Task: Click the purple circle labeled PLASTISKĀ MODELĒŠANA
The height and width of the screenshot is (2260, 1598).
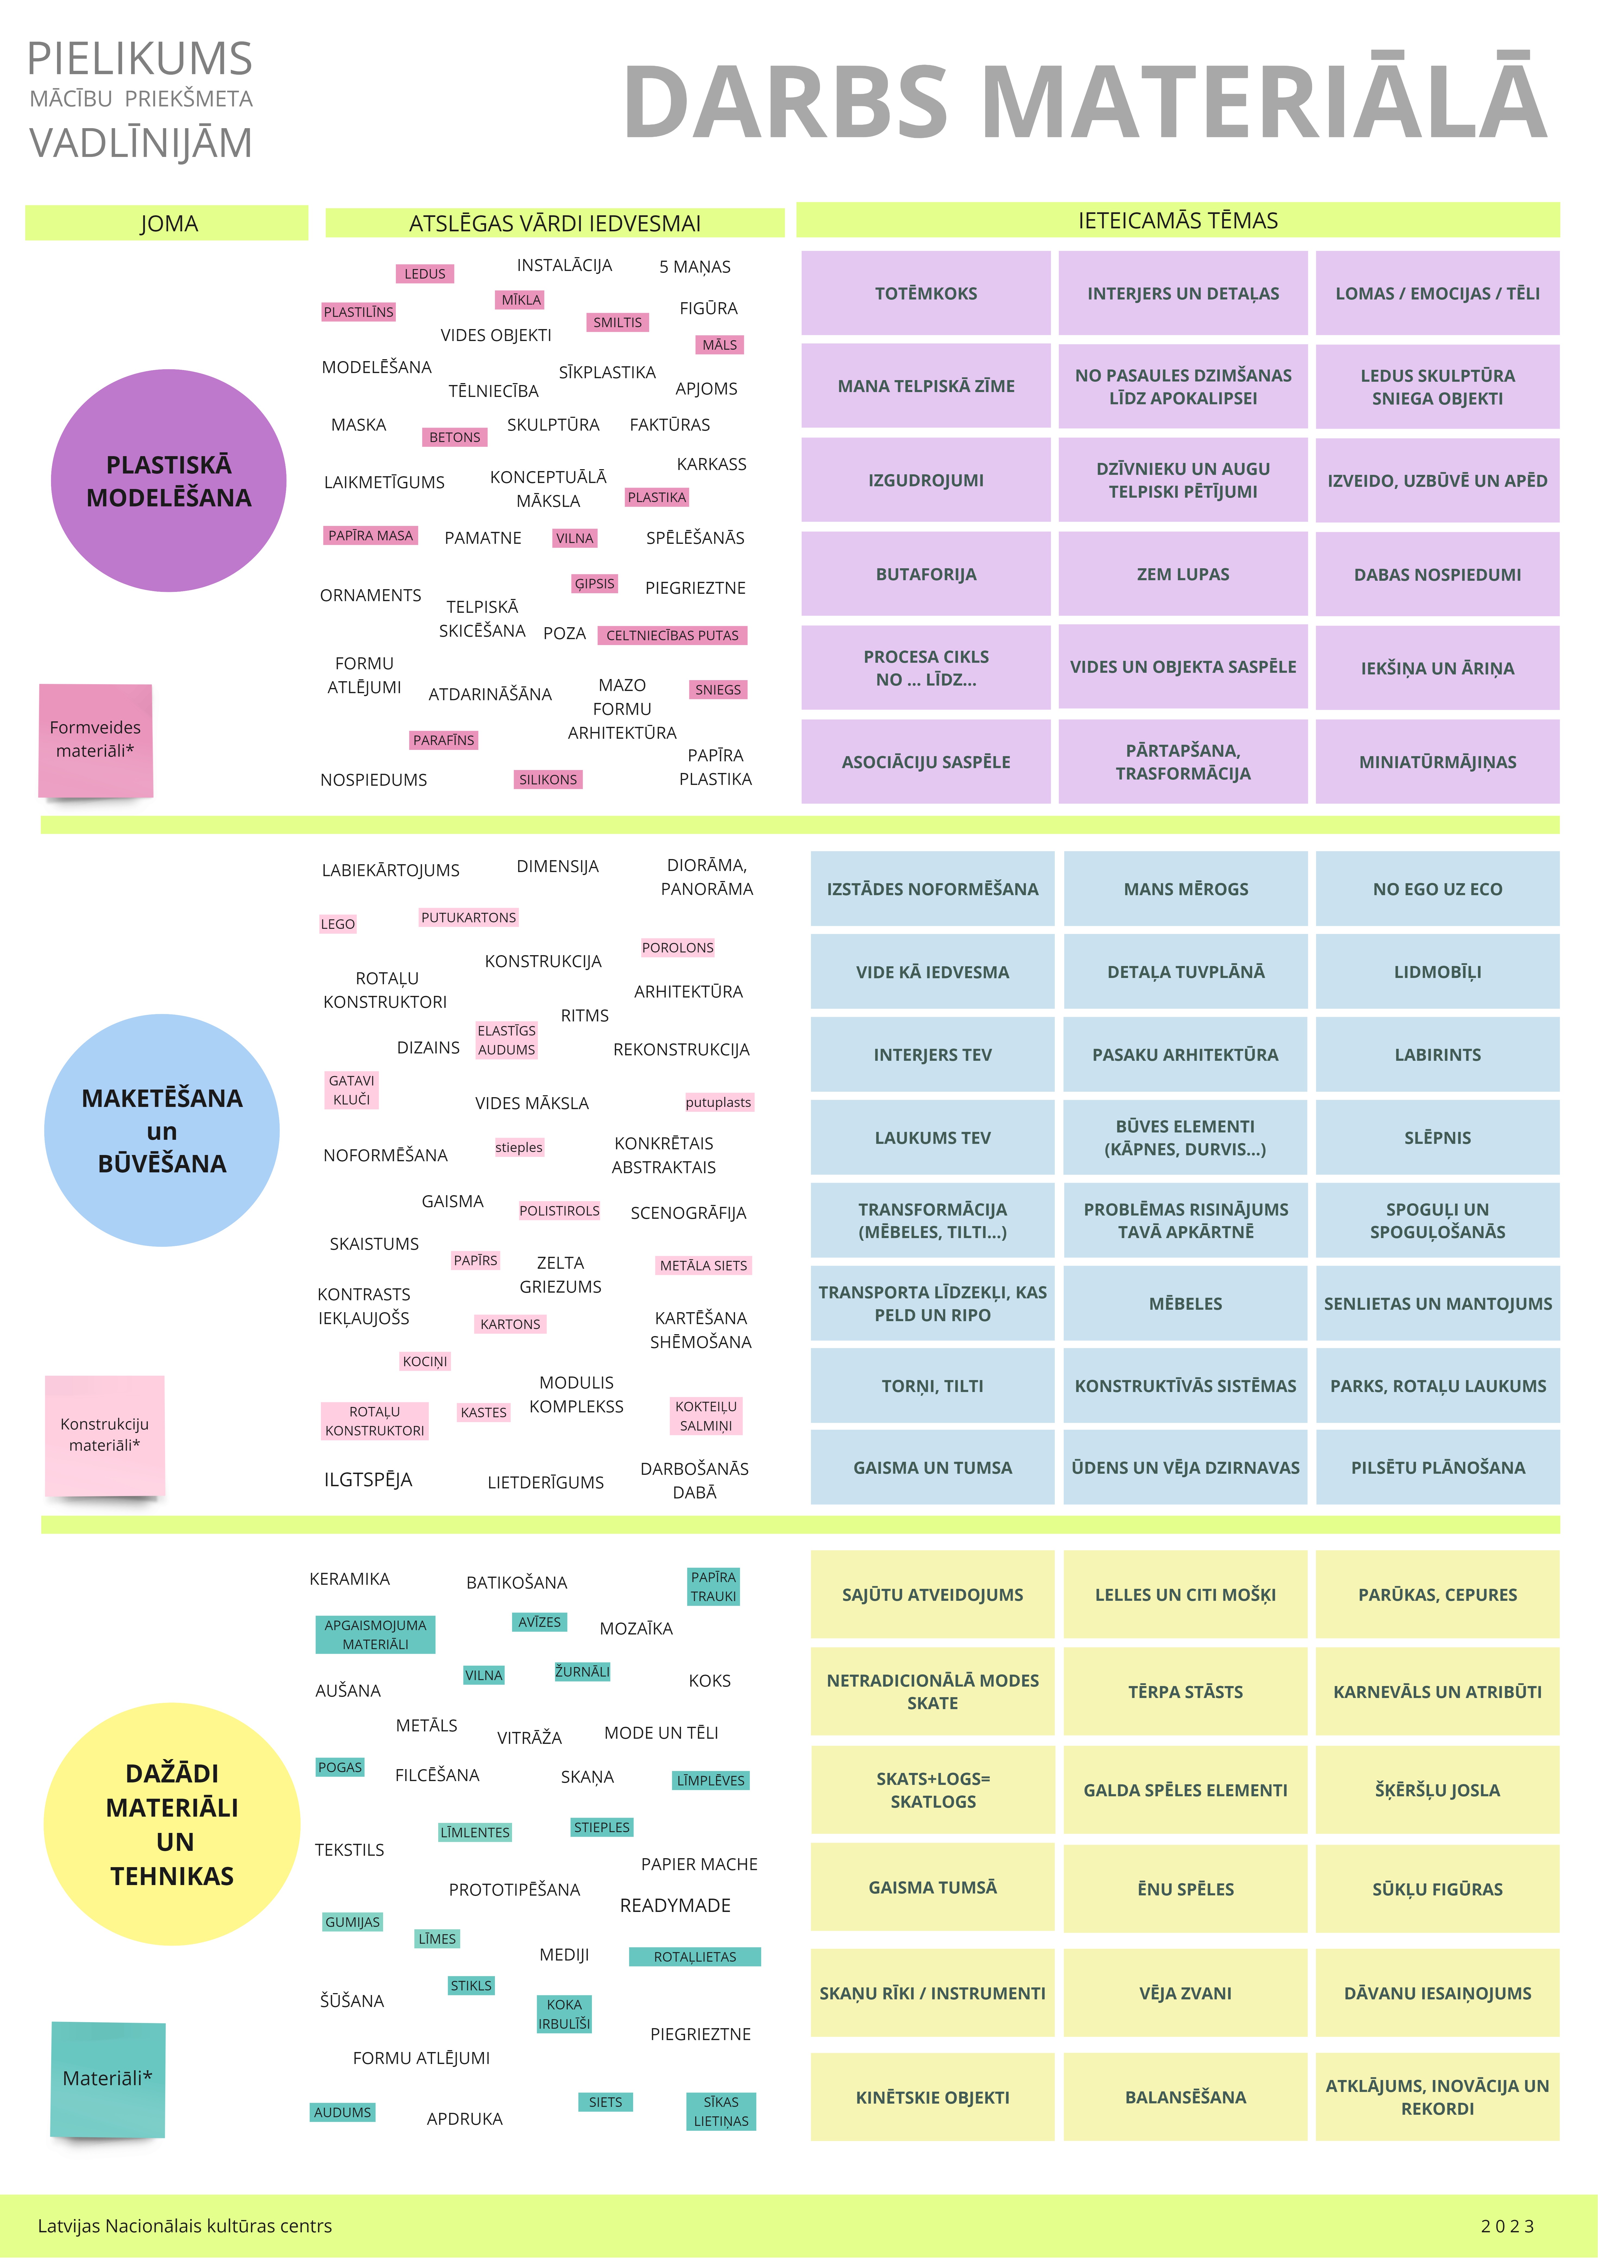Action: coord(168,480)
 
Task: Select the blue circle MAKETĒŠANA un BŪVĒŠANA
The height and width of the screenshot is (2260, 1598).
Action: coord(162,1130)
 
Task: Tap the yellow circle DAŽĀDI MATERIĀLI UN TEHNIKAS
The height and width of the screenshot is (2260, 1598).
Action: coord(172,1824)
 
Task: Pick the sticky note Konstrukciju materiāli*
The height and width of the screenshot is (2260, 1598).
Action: coord(104,1435)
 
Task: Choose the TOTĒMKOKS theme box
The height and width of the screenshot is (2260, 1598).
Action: coord(926,293)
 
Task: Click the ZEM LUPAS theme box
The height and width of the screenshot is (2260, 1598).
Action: coord(1183,574)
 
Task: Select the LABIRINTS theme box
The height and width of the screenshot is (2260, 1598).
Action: coord(1438,1054)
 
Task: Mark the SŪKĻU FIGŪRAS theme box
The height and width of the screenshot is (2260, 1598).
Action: coord(1438,1889)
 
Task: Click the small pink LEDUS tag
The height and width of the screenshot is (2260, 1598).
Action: coord(425,274)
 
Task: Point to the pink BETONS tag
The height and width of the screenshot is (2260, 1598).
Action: coord(454,437)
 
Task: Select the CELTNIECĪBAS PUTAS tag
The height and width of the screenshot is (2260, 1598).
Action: coord(672,635)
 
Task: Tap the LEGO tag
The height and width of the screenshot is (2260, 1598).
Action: coord(337,923)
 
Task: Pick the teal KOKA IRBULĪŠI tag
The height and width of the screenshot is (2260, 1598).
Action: coord(564,2014)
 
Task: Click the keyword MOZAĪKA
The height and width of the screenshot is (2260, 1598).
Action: coord(636,1628)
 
